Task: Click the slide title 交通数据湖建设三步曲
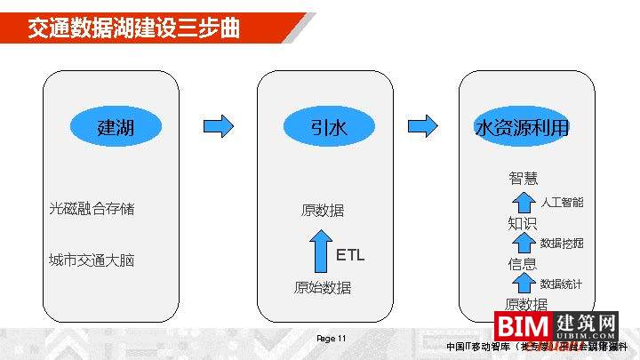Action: [x=133, y=28]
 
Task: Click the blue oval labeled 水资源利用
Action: [x=523, y=127]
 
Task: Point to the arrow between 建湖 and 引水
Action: [x=219, y=126]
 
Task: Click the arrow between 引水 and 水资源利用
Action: [x=423, y=126]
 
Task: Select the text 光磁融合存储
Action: [x=92, y=209]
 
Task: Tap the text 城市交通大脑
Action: [x=92, y=260]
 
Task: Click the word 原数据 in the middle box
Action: [x=322, y=211]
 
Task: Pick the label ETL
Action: [x=350, y=255]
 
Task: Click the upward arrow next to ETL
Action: [x=321, y=252]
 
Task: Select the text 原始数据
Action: [x=322, y=287]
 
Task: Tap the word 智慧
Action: [x=523, y=178]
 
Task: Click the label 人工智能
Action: [x=562, y=203]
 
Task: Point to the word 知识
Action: [x=523, y=222]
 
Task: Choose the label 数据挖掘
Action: [x=562, y=244]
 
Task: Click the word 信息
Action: [x=523, y=264]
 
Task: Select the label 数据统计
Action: [x=562, y=284]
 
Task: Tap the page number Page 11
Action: [x=331, y=339]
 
